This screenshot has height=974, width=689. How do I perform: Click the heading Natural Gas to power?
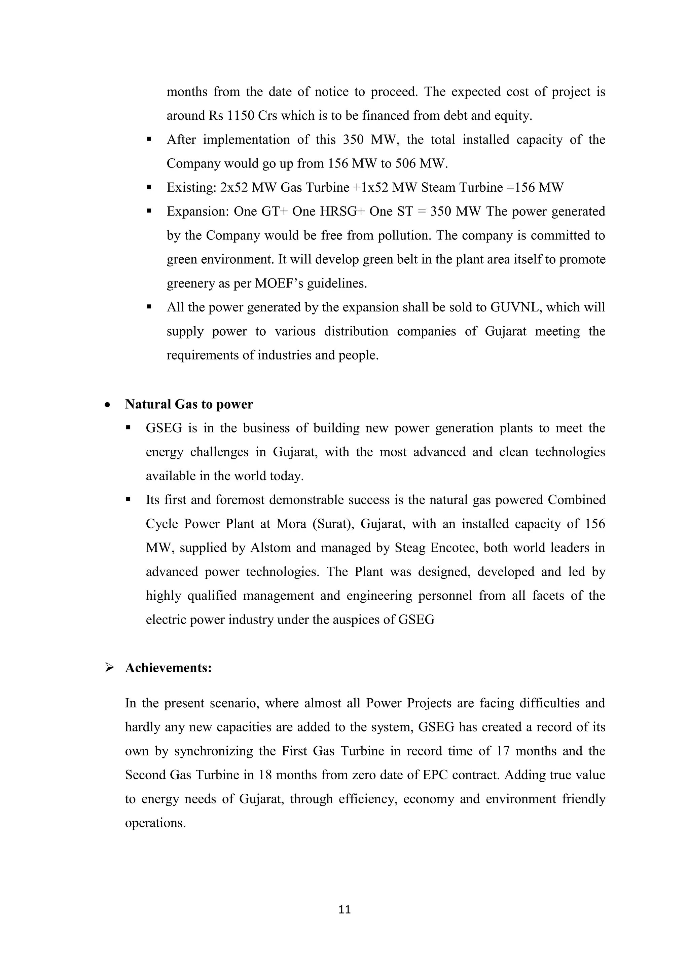click(x=189, y=404)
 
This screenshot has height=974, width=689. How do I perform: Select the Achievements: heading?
click(x=169, y=668)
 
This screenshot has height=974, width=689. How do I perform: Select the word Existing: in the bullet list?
click(x=191, y=188)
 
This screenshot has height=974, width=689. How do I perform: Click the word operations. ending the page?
click(x=155, y=823)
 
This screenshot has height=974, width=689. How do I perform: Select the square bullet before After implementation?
click(x=149, y=139)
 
